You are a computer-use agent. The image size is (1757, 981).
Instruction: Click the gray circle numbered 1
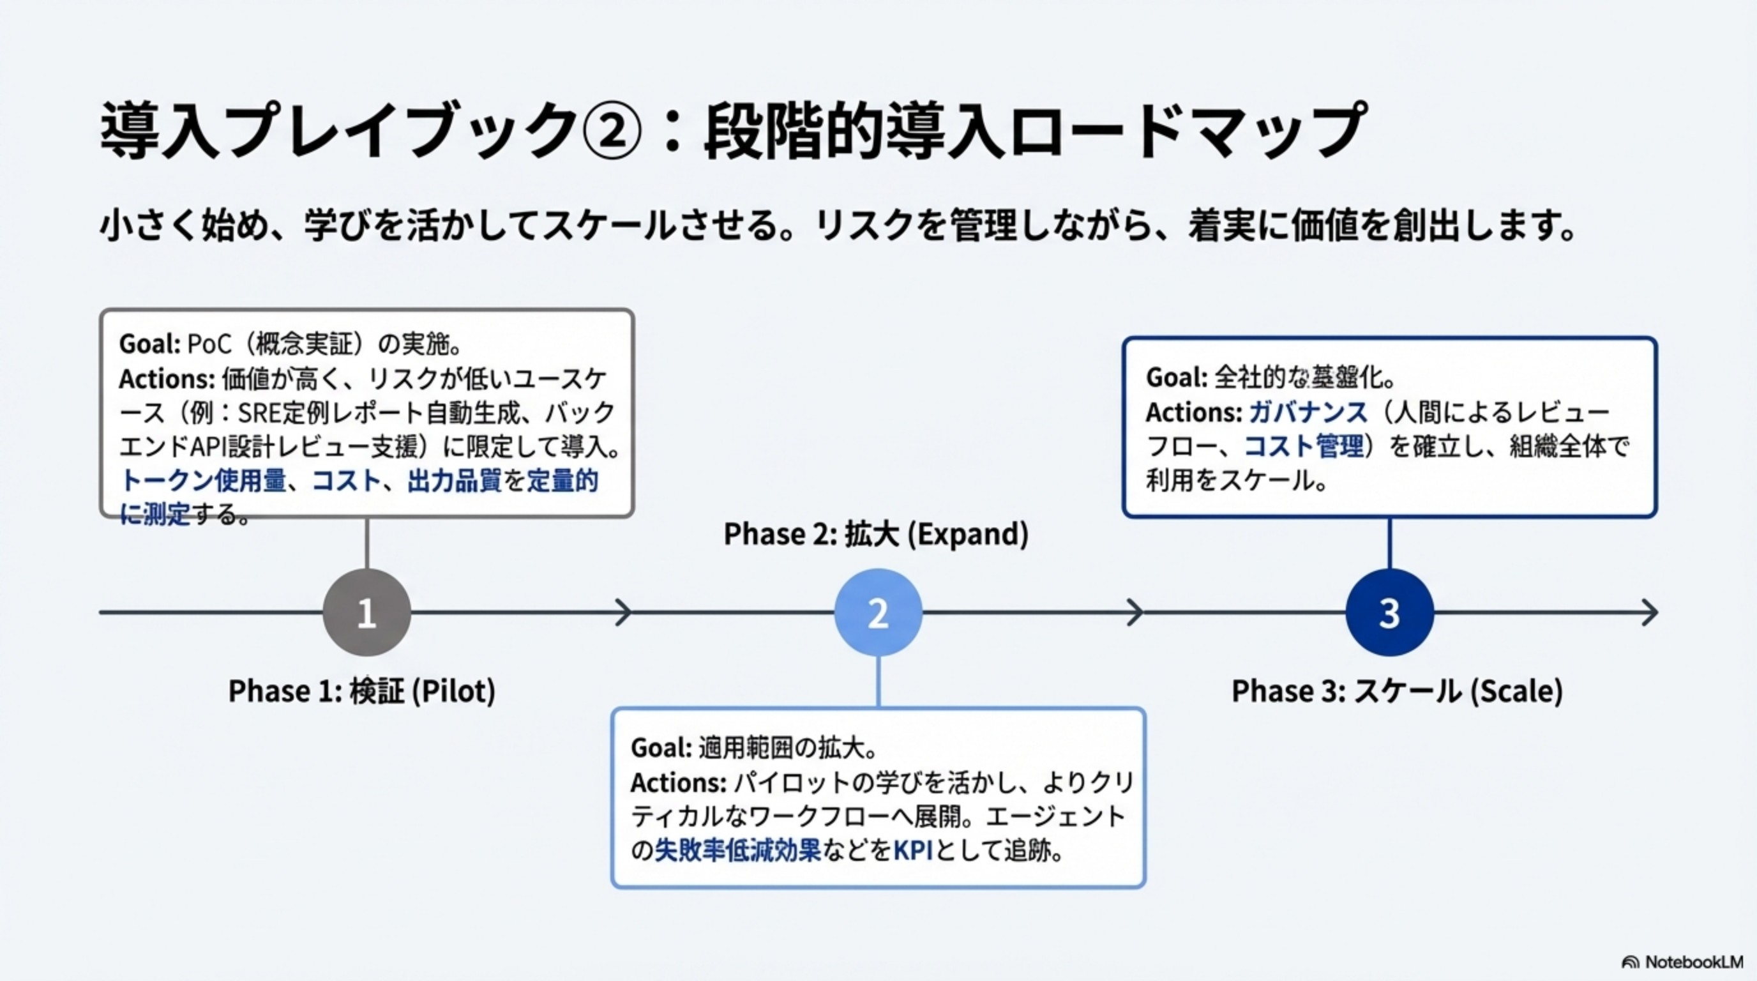pyautogui.click(x=366, y=612)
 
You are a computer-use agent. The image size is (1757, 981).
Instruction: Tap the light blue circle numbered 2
pyautogui.click(x=878, y=612)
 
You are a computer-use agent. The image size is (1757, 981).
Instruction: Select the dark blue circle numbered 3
pyautogui.click(x=1389, y=612)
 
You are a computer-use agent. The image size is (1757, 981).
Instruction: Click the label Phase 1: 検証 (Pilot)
pyautogui.click(x=361, y=690)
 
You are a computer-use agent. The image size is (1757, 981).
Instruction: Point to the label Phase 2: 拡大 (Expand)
pyautogui.click(x=876, y=533)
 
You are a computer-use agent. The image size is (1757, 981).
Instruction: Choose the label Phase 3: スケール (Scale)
pyautogui.click(x=1397, y=690)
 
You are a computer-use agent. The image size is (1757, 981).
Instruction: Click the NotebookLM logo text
pyautogui.click(x=1694, y=962)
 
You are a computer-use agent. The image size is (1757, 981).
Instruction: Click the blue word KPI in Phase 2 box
pyautogui.click(x=912, y=851)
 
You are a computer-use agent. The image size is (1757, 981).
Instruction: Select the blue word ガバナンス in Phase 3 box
pyautogui.click(x=1308, y=412)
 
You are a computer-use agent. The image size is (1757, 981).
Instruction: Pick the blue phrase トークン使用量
pyautogui.click(x=203, y=481)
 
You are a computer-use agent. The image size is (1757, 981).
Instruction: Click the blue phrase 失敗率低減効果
pyautogui.click(x=737, y=851)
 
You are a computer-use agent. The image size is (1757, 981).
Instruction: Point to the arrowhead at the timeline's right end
pyautogui.click(x=1649, y=612)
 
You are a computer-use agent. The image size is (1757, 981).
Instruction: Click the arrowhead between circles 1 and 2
pyautogui.click(x=623, y=612)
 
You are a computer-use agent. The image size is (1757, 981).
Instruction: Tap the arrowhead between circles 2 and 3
pyautogui.click(x=1135, y=612)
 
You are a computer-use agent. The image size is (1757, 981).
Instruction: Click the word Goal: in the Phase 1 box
pyautogui.click(x=149, y=344)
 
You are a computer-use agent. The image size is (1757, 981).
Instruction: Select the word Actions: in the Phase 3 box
pyautogui.click(x=1194, y=412)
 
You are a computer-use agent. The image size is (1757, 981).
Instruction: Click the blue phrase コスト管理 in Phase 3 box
pyautogui.click(x=1304, y=446)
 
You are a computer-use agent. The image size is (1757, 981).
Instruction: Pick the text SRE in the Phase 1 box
pyautogui.click(x=255, y=413)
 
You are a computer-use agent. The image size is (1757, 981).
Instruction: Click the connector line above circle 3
pyautogui.click(x=1389, y=543)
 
